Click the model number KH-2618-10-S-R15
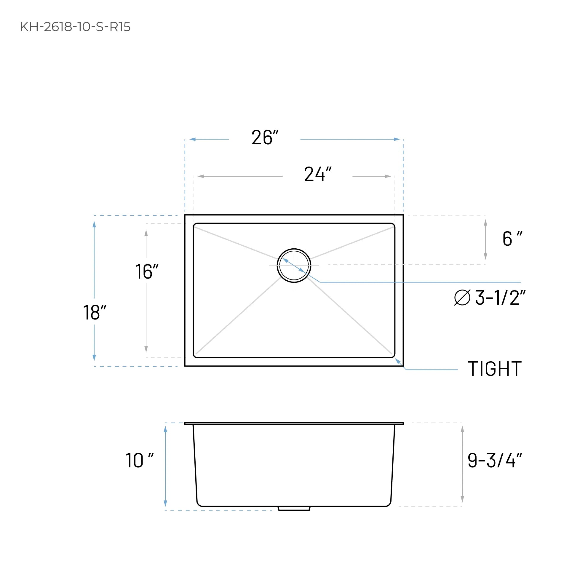coord(75,27)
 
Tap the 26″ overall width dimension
coord(265,138)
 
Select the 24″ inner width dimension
coord(317,174)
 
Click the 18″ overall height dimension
coord(95,312)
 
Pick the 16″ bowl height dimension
coord(147,271)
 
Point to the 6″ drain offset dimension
coord(512,239)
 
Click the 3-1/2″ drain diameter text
coord(500,298)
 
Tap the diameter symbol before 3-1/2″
coord(462,298)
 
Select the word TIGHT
coord(495,369)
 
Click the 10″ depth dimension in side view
coord(139,461)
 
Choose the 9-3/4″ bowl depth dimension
coord(495,461)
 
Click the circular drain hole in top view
coord(294,265)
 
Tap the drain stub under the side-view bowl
coord(294,509)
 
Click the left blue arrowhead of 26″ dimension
coord(192,139)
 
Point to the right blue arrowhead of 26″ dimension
coord(397,139)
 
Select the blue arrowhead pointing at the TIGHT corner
coord(398,361)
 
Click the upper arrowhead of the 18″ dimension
coord(94,225)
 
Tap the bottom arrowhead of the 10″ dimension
coord(165,504)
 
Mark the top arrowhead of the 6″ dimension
coord(485,223)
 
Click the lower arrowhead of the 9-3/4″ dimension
coord(462,499)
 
